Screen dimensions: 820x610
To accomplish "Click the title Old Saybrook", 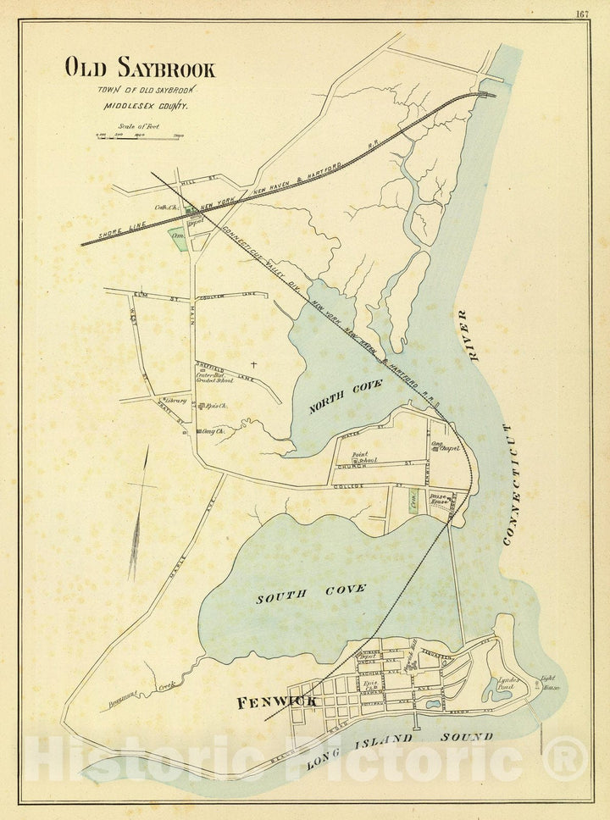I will point(140,69).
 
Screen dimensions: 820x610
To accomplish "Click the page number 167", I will point(582,14).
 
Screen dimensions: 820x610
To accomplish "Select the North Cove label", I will point(345,396).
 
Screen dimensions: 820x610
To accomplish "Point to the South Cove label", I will point(311,594).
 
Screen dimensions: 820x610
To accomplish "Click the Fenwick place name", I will point(276,701).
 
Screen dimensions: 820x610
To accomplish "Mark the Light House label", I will point(551,682).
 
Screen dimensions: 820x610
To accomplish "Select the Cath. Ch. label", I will point(165,207).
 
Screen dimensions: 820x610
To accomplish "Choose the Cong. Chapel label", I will point(444,446).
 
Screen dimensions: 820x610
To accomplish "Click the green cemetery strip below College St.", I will point(411,499).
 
